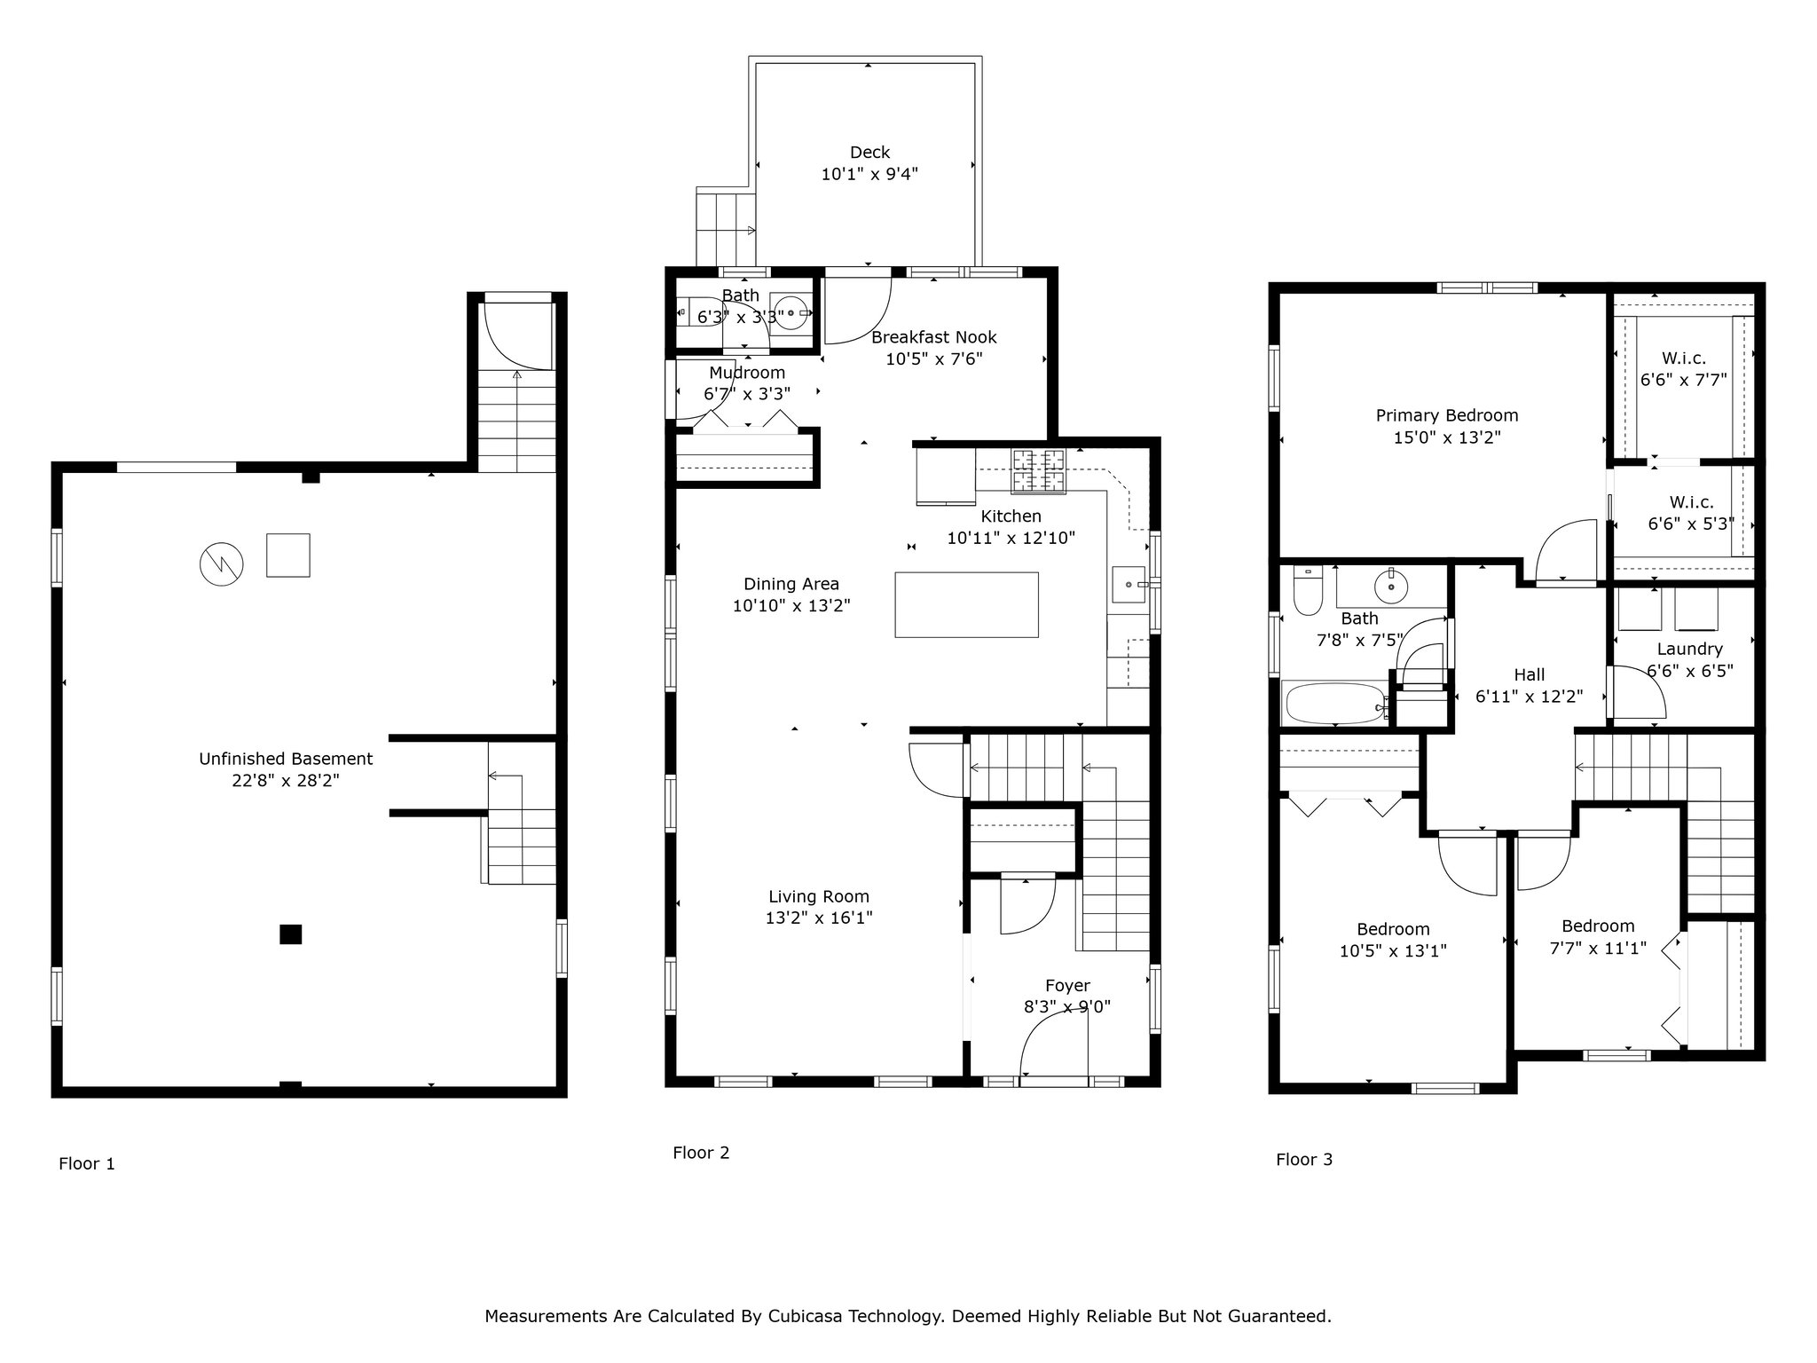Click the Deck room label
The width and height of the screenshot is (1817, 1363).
869,153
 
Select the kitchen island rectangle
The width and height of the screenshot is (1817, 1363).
966,604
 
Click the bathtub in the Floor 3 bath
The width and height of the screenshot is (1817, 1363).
1334,703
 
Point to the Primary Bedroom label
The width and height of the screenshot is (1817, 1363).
1447,415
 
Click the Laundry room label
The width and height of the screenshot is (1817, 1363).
1689,649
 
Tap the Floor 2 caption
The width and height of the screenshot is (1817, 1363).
701,1153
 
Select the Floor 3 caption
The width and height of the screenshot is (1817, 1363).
1304,1159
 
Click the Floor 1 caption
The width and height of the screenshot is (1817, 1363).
87,1163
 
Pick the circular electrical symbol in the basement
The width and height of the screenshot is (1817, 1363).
221,563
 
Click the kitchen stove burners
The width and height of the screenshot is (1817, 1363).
1039,470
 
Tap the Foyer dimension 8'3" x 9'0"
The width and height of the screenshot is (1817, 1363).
1066,1007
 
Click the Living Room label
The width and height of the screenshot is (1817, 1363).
819,896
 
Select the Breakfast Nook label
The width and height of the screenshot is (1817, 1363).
934,337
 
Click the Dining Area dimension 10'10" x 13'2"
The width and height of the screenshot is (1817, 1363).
791,606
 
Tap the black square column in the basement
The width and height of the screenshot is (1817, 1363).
290,934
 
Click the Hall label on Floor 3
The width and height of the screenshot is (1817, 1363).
1530,674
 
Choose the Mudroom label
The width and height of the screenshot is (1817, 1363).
747,373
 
